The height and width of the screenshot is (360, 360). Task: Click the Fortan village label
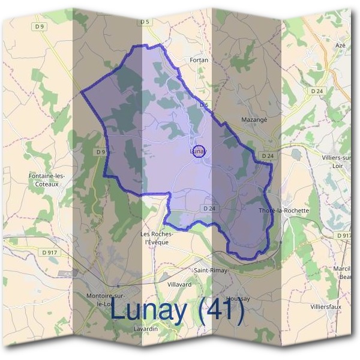tap(198, 61)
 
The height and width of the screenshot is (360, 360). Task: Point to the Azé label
tap(341, 46)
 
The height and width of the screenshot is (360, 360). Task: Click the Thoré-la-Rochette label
tap(283, 211)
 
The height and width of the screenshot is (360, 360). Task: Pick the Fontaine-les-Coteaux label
tap(46, 180)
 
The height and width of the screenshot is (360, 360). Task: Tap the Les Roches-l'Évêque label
tap(157, 238)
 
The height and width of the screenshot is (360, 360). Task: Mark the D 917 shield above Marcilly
tap(344, 236)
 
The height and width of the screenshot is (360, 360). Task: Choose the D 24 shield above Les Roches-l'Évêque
tap(209, 208)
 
